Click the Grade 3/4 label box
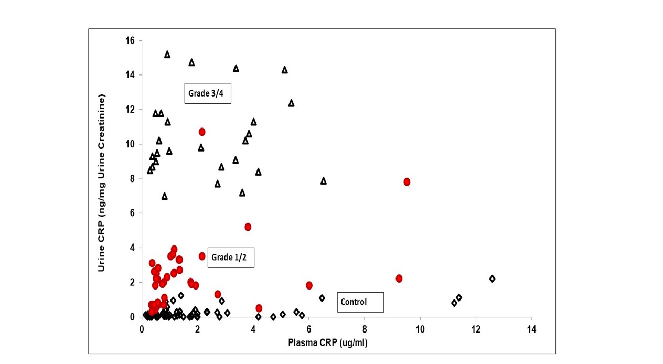point(208,94)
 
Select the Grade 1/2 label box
point(231,258)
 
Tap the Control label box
point(360,302)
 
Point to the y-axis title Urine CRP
point(102,183)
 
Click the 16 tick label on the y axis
point(130,40)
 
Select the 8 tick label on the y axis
point(132,178)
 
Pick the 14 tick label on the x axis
point(531,329)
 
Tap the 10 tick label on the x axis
point(420,329)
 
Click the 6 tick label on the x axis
point(308,329)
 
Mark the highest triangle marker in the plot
point(167,55)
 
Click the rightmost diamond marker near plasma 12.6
point(492,279)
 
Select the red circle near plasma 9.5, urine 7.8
point(407,181)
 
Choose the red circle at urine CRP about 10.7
point(202,132)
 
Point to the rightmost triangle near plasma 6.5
point(324,181)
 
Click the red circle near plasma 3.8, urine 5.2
point(248,227)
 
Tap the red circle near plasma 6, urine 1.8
point(309,285)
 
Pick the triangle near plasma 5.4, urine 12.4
point(291,103)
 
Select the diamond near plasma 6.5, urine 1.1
point(322,298)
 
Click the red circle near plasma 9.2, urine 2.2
point(399,278)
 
